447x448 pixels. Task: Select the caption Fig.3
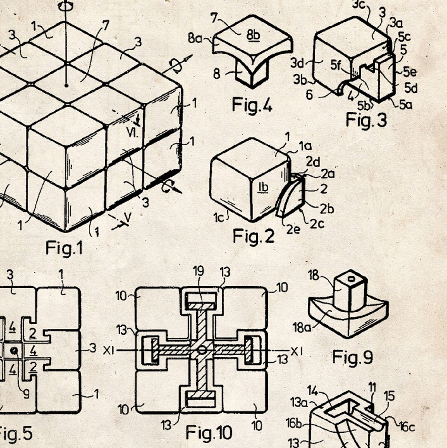click(x=366, y=120)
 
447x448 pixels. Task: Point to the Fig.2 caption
click(x=253, y=236)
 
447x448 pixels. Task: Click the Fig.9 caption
click(x=353, y=357)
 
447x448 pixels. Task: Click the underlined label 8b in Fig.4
click(x=253, y=35)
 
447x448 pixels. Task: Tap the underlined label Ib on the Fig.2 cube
click(x=263, y=188)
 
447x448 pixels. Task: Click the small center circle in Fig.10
click(x=202, y=350)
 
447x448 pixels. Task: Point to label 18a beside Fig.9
click(x=301, y=328)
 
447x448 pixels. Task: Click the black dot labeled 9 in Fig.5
click(x=15, y=350)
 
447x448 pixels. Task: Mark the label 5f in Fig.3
click(x=336, y=65)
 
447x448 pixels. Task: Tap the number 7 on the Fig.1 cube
click(x=106, y=25)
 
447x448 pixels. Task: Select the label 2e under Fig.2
click(x=294, y=230)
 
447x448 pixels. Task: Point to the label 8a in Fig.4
click(x=195, y=38)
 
